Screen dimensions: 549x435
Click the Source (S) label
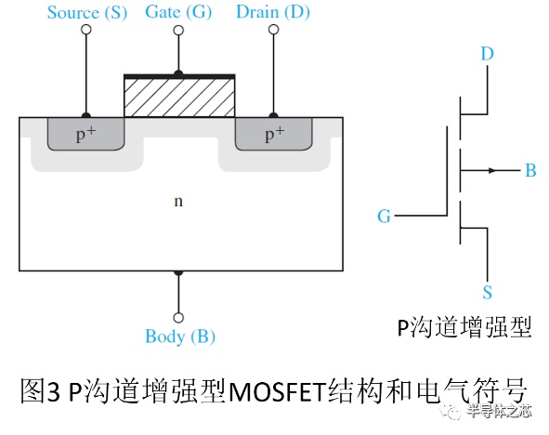click(86, 13)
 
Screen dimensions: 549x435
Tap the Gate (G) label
click(178, 12)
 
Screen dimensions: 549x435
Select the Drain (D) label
click(273, 12)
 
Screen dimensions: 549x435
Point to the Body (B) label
click(180, 336)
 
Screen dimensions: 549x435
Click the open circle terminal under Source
click(86, 30)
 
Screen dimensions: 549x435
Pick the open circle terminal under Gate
click(178, 30)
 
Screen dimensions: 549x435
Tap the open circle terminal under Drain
click(273, 30)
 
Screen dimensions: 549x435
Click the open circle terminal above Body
click(178, 318)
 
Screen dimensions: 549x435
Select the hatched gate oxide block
click(179, 98)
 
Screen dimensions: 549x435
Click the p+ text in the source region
click(85, 134)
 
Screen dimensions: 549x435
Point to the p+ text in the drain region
click(275, 134)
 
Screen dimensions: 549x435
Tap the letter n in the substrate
click(178, 201)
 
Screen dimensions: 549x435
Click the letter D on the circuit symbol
click(488, 54)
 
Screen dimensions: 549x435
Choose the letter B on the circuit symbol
click(530, 171)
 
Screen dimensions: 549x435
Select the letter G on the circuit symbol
click(384, 216)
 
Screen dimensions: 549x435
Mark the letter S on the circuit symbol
click(488, 292)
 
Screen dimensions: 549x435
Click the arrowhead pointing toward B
click(493, 171)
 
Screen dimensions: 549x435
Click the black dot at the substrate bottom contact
click(178, 272)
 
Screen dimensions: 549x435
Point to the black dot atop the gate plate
click(178, 73)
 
